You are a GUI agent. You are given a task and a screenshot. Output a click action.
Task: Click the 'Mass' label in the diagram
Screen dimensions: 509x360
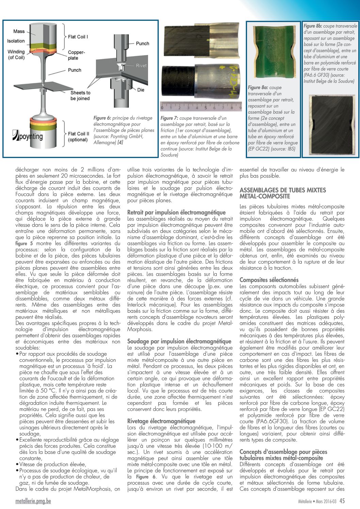click(x=19, y=31)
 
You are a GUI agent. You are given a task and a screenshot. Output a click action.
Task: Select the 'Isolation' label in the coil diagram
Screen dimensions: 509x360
click(x=16, y=41)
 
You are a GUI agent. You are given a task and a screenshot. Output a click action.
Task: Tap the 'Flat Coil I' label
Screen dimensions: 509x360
click(x=78, y=37)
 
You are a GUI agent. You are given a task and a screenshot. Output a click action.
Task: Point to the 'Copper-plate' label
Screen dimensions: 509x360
click(x=76, y=55)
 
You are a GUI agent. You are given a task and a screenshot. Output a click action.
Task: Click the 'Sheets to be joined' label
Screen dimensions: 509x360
click(x=80, y=96)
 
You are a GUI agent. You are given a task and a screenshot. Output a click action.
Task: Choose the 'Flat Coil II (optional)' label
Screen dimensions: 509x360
click(x=78, y=137)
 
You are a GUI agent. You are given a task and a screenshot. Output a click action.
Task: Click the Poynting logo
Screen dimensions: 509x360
click(x=28, y=136)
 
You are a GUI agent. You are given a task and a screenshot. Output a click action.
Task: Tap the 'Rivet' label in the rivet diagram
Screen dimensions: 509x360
click(x=141, y=66)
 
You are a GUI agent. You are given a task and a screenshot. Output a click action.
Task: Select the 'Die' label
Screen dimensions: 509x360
click(x=141, y=90)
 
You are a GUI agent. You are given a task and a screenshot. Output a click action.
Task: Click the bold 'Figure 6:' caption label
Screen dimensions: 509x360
click(x=102, y=118)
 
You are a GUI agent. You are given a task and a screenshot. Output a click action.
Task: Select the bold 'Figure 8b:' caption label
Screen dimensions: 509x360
click(x=313, y=26)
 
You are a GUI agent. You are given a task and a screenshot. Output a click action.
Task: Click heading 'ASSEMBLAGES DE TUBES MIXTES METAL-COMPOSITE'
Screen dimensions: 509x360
click(x=282, y=193)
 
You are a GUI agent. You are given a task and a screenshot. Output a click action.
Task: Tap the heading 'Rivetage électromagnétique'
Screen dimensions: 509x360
click(x=161, y=421)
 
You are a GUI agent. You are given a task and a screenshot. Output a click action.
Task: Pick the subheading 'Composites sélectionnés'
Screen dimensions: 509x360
click(x=269, y=280)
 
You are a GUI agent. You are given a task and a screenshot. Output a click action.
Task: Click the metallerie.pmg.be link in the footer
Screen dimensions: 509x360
click(x=33, y=501)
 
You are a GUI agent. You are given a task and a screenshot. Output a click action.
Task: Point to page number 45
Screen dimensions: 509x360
click(x=342, y=501)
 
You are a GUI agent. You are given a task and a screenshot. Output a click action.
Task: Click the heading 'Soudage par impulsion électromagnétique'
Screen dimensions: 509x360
click(x=179, y=341)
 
